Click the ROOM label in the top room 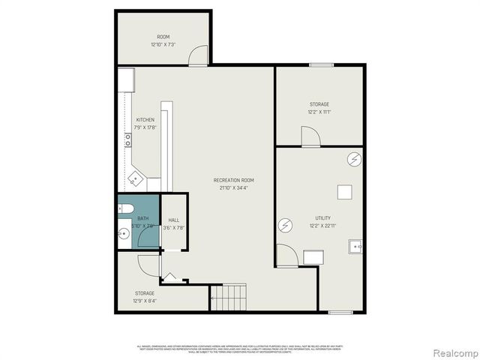point(163,37)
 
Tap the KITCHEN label point(145,120)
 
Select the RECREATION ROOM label point(233,180)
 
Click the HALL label point(173,220)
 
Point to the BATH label point(142,218)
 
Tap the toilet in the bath point(125,208)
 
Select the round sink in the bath point(124,235)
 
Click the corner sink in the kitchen point(134,179)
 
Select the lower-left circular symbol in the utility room point(285,224)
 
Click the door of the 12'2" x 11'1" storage point(310,136)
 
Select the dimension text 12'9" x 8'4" point(145,301)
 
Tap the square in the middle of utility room point(344,192)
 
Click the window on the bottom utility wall point(340,312)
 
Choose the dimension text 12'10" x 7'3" point(163,44)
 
